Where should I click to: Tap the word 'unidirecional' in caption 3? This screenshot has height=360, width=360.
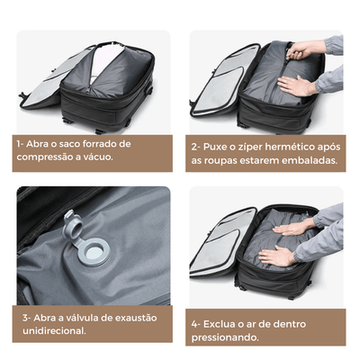[x=53, y=330]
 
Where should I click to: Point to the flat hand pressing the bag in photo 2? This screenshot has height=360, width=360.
[x=301, y=85]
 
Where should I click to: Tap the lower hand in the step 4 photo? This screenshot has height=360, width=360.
[x=279, y=256]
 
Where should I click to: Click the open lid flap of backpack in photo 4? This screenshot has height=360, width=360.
[x=216, y=238]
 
